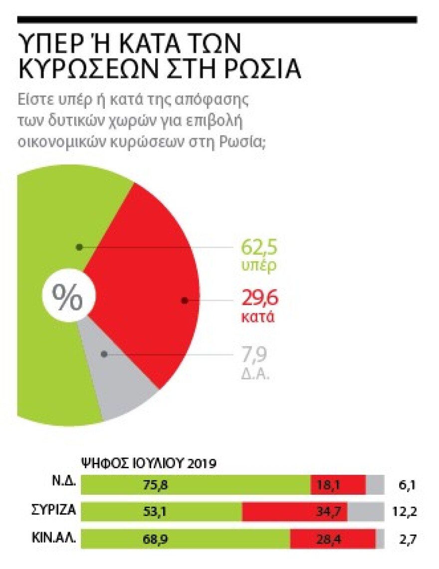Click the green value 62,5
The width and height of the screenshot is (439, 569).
pyautogui.click(x=258, y=247)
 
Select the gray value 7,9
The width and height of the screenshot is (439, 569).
pyautogui.click(x=254, y=355)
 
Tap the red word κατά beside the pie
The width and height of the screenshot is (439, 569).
pyautogui.click(x=258, y=317)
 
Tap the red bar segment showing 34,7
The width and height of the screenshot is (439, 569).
pyautogui.click(x=295, y=512)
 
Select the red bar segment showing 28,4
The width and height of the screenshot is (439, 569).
pyautogui.click(x=333, y=539)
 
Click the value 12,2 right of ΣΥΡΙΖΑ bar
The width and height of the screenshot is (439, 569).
pyautogui.click(x=402, y=512)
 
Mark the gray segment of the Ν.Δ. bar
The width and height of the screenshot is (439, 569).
pyautogui.click(x=375, y=485)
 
